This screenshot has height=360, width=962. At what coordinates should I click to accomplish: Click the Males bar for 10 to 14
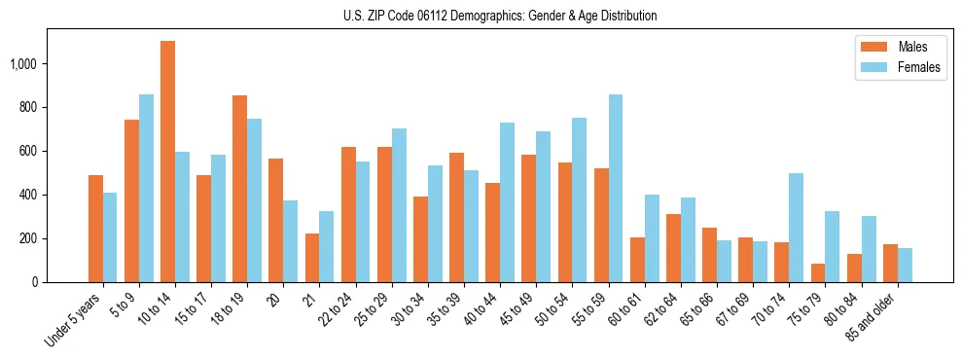click(167, 162)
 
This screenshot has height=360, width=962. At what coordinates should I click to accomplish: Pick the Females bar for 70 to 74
click(797, 228)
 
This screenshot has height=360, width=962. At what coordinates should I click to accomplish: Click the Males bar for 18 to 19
click(239, 189)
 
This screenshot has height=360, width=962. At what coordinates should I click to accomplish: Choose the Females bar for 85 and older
click(905, 265)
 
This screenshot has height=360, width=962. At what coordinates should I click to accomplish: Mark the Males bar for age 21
click(311, 258)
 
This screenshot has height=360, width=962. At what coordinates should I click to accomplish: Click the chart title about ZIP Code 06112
click(500, 16)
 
